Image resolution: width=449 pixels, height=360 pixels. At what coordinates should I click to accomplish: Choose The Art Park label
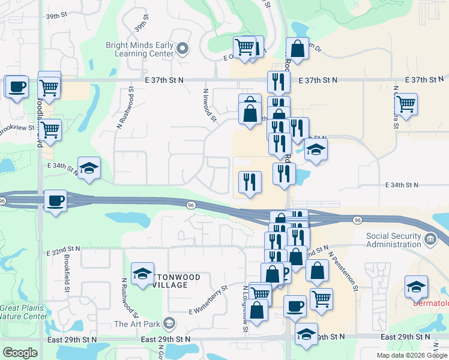137,325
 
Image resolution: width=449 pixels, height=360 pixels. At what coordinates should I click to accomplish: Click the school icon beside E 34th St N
89,169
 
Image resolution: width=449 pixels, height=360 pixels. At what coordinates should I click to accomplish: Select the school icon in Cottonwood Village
142,274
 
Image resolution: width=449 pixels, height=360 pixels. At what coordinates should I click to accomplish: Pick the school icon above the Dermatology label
416,286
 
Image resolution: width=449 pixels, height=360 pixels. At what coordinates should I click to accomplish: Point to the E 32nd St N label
64,248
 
